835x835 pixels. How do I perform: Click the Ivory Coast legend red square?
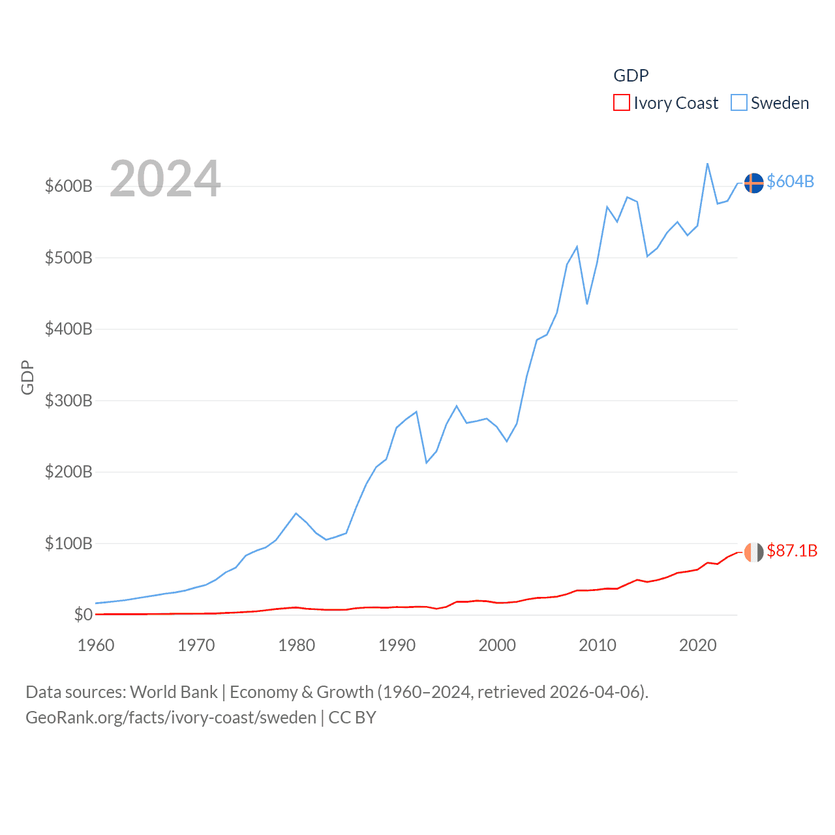tap(621, 103)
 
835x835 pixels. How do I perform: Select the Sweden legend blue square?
tap(738, 103)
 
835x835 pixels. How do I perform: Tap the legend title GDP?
tap(631, 76)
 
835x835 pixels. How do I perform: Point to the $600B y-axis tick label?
tap(68, 186)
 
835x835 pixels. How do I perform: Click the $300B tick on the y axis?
tap(68, 401)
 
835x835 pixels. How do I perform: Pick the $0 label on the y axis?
tap(83, 615)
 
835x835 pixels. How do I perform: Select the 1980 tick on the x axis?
tap(296, 645)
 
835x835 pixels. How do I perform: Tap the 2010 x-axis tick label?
tap(597, 645)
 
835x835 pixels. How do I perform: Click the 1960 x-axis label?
tap(96, 645)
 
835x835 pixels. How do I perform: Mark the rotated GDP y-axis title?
tap(27, 377)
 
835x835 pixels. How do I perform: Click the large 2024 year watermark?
tap(165, 179)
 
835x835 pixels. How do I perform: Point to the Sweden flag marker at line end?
tap(753, 183)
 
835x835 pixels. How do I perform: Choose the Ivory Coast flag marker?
tap(753, 552)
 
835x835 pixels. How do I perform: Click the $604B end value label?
tap(790, 181)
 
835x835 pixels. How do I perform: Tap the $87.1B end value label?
tap(791, 551)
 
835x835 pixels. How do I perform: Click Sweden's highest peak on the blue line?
tap(707, 164)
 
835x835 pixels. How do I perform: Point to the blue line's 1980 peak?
tap(296, 513)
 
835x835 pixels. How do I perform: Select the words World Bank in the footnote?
tap(174, 691)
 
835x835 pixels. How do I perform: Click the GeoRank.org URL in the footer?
tap(171, 718)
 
